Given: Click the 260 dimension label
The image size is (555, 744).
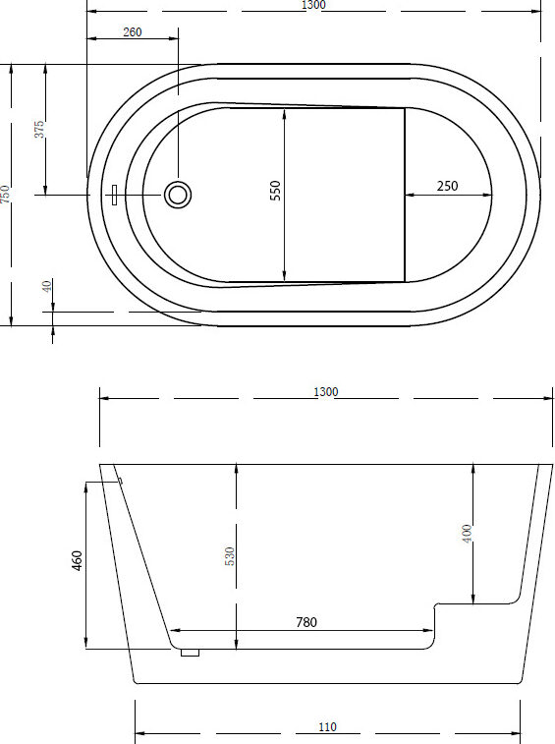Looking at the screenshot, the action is pyautogui.click(x=133, y=31).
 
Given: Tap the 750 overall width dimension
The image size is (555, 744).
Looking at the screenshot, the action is pyautogui.click(x=4, y=194).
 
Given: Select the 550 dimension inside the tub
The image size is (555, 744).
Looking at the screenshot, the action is pyautogui.click(x=276, y=191).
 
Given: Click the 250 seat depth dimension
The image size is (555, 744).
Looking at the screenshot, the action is pyautogui.click(x=447, y=186).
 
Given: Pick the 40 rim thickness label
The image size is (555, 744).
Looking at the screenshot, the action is pyautogui.click(x=46, y=286).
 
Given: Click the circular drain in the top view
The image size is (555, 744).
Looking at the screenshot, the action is pyautogui.click(x=178, y=195).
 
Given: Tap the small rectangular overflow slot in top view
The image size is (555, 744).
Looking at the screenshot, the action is pyautogui.click(x=114, y=195).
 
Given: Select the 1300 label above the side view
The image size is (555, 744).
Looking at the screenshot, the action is pyautogui.click(x=326, y=392).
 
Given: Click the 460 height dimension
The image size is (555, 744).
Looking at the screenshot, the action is pyautogui.click(x=78, y=560).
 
